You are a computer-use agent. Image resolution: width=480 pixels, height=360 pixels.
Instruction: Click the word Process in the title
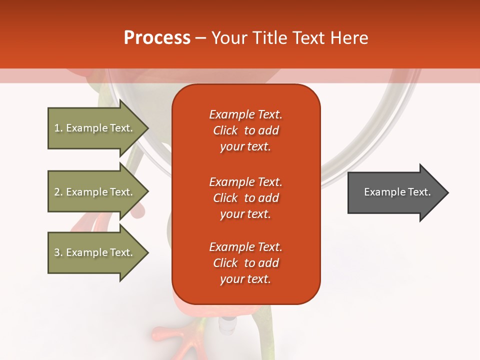coord(157,38)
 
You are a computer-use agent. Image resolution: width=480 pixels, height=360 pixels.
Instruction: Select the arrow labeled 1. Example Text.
coord(95,128)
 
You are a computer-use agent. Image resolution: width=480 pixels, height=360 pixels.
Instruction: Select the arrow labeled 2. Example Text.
coord(95,192)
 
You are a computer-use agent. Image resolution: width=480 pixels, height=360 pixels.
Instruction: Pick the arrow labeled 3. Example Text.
coord(95,252)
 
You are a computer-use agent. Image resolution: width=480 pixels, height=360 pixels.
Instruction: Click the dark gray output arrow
coord(395,192)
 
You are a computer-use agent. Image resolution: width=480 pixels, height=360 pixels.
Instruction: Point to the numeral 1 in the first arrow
coord(56,128)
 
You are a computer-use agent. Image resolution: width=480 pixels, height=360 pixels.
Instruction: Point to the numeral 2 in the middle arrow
coord(57,192)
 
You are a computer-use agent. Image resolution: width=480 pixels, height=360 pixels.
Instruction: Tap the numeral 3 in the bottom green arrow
coord(57,252)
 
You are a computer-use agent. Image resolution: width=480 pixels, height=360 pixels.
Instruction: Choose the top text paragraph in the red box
coord(245,130)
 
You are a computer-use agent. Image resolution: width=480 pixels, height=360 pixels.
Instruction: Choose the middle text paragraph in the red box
coord(245,198)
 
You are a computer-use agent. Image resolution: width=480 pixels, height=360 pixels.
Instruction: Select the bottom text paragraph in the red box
coord(245,263)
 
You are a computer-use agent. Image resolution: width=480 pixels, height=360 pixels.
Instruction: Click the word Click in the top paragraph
coord(225,130)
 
